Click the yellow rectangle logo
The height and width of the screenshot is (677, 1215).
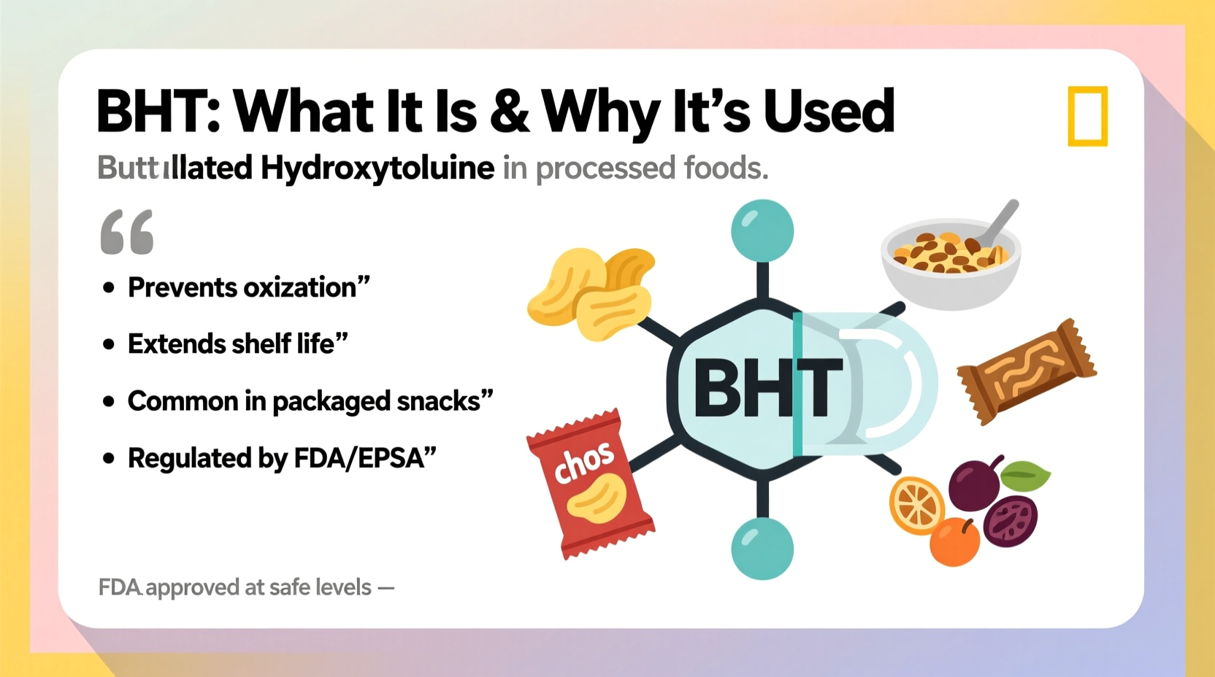point(1087,116)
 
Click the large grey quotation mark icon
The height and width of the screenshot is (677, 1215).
point(127,232)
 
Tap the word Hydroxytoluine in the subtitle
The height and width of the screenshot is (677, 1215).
point(377,169)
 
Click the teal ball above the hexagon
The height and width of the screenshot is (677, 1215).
point(762,231)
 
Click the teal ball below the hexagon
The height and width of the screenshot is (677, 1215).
point(762,549)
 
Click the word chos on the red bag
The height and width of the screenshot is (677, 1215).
point(583,464)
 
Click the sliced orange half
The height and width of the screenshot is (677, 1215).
point(916,505)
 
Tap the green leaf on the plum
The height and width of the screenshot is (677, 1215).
point(1025,476)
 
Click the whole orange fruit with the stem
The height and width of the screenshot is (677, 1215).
point(955,542)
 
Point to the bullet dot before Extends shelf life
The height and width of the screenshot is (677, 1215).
point(109,344)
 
